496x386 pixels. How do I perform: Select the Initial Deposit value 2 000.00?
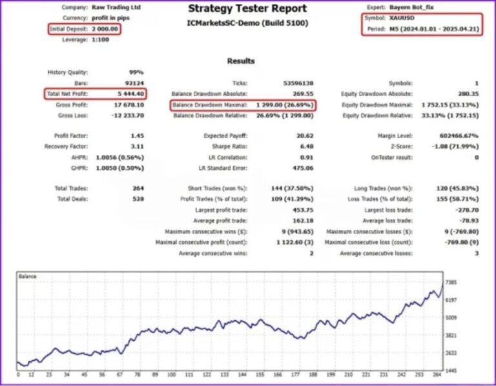pos(105,29)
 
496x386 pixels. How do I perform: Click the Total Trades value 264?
pos(136,188)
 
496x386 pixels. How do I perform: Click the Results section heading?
pos(241,61)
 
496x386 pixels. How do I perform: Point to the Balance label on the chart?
pos(28,276)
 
